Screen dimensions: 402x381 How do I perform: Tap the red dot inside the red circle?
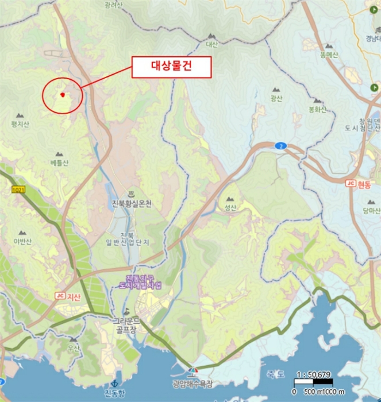coord(62,95)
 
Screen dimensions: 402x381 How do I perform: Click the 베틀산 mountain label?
coord(59,163)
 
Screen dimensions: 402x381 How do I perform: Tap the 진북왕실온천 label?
coord(132,203)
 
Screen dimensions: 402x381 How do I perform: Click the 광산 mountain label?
coord(276,98)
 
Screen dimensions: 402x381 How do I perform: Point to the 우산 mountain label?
coord(74,348)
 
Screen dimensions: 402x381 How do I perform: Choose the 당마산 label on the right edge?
coord(371,211)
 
